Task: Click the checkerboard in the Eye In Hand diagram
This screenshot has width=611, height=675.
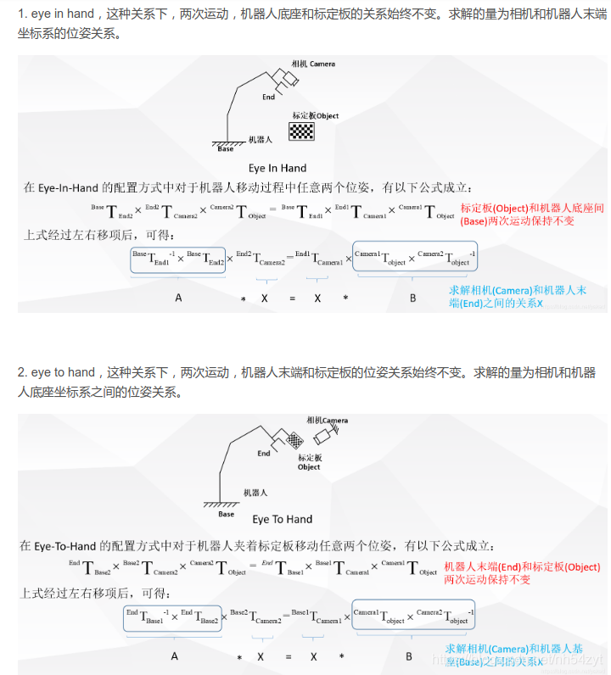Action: point(302,131)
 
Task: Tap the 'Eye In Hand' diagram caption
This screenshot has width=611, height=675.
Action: point(277,168)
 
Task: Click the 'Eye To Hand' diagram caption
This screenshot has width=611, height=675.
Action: point(282,519)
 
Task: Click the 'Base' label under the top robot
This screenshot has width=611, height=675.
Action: point(225,149)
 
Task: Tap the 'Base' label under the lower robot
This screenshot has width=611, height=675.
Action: point(226,514)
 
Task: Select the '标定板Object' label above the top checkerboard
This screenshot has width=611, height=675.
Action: point(315,116)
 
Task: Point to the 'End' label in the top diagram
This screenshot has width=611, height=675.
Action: point(268,97)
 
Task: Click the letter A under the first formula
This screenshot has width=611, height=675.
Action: point(178,298)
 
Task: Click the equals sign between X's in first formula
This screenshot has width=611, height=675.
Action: point(289,298)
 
